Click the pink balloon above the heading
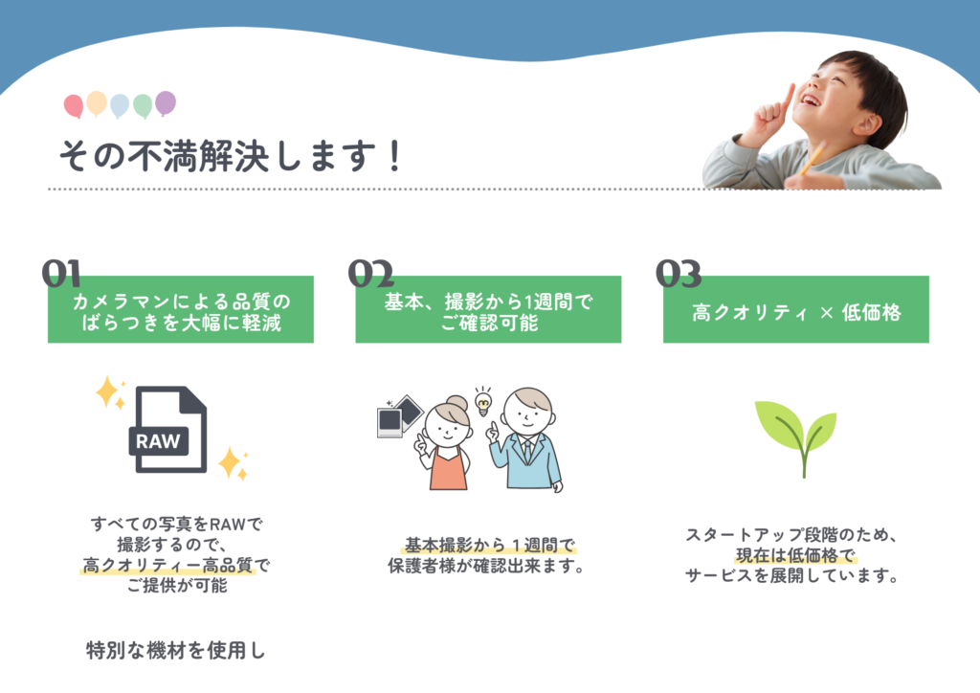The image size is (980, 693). point(73,106)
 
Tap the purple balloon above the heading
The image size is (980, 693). point(166,102)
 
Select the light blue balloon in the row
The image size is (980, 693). point(120,105)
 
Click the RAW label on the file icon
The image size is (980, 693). point(158,441)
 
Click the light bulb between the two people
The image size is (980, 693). point(483,402)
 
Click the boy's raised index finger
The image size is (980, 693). point(785,99)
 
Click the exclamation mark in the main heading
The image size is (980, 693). point(393,156)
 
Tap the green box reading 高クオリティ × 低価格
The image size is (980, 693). point(795,309)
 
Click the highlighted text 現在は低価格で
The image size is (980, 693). point(795,555)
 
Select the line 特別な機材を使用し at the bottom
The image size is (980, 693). point(176,651)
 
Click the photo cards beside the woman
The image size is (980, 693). point(400,416)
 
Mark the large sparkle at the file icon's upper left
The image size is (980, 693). point(108,391)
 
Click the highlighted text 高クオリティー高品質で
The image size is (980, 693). point(176,566)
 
